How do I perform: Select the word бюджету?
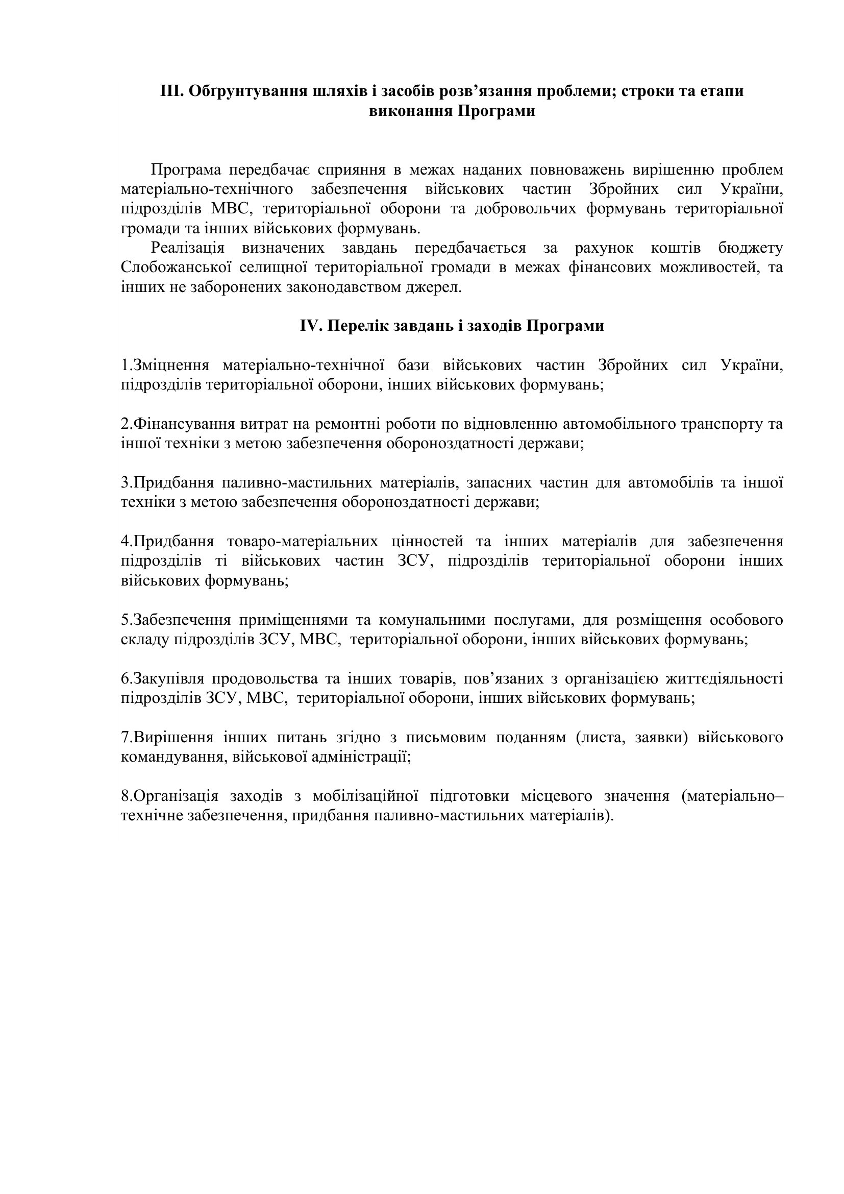(751, 248)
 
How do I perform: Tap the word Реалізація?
(188, 248)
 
